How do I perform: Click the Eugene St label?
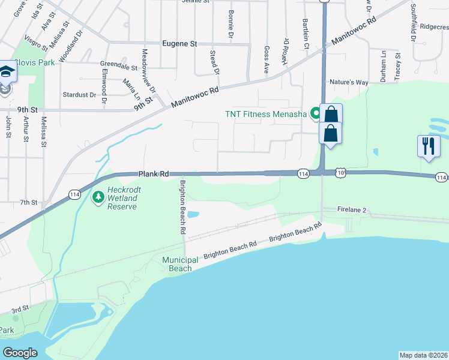click(x=180, y=44)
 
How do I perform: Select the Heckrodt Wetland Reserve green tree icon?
click(x=98, y=196)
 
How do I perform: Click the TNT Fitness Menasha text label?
click(x=265, y=114)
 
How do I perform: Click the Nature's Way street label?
click(x=348, y=82)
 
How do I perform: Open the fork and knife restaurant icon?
click(x=429, y=146)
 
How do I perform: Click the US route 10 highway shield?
click(x=341, y=173)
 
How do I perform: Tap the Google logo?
click(x=20, y=353)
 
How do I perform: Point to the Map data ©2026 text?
click(x=423, y=355)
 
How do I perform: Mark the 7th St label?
click(x=28, y=203)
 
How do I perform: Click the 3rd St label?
click(x=20, y=310)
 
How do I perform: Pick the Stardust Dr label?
click(x=79, y=95)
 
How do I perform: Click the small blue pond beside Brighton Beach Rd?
click(x=193, y=214)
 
